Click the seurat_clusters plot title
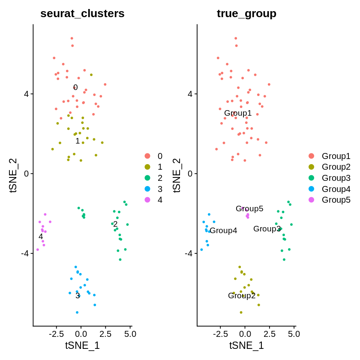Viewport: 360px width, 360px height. click(x=82, y=14)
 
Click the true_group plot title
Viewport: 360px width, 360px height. click(x=246, y=14)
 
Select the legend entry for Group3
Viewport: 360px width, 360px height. click(x=336, y=178)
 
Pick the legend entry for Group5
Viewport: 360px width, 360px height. click(x=336, y=200)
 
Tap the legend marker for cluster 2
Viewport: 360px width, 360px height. click(x=147, y=178)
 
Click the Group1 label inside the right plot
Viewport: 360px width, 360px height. click(x=238, y=113)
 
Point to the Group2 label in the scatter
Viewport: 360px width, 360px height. click(x=242, y=296)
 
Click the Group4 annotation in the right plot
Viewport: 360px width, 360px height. click(x=223, y=231)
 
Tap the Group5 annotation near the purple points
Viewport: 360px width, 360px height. click(x=249, y=209)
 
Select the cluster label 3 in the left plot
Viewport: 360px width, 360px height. click(x=78, y=296)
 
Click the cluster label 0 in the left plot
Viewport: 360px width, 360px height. click(x=75, y=87)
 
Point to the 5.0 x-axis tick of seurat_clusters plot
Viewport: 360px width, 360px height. click(x=130, y=334)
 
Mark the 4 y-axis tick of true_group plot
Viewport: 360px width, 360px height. click(x=191, y=94)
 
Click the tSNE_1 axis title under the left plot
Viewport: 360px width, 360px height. click(x=82, y=345)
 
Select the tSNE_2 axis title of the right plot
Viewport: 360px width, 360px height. click(x=177, y=176)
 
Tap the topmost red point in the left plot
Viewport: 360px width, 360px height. click(x=72, y=38)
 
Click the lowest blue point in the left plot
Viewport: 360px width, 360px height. click(x=77, y=312)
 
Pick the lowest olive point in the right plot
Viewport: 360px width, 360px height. click(x=241, y=312)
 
